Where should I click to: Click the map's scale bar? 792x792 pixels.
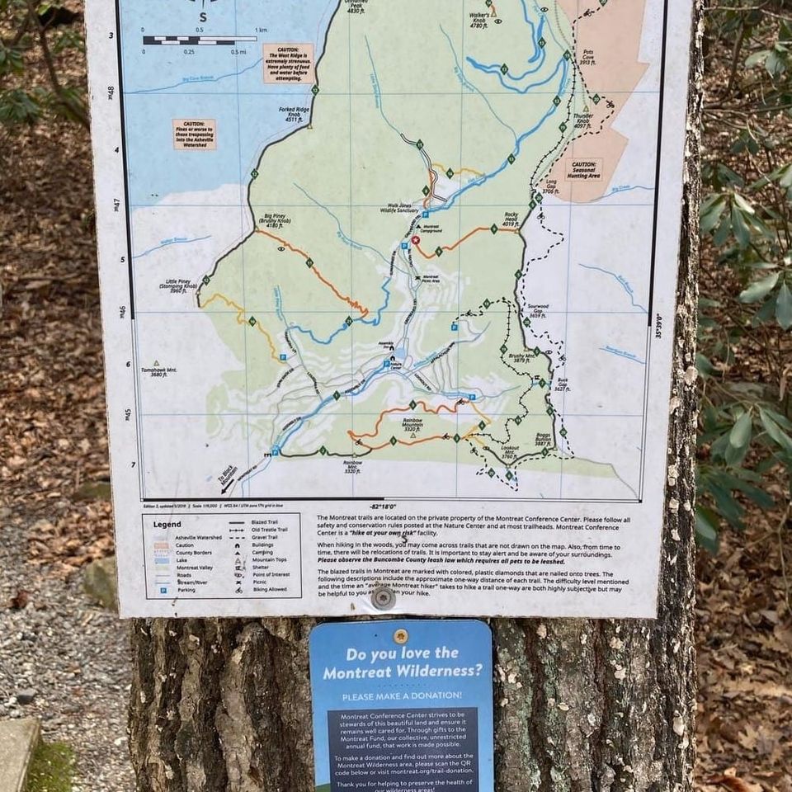tap(199, 40)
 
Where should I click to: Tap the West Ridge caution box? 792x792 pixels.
tap(288, 63)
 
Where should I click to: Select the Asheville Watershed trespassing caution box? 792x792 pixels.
tap(194, 134)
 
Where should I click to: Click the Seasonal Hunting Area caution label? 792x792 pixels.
tap(582, 169)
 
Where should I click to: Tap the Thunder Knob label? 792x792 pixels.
tap(583, 120)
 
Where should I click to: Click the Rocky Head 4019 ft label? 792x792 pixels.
tap(511, 219)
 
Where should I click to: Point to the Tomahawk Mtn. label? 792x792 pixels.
tap(161, 372)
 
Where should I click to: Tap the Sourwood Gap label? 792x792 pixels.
tap(538, 311)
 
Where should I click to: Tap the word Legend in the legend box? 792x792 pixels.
tap(167, 524)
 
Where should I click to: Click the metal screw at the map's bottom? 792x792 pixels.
tap(382, 598)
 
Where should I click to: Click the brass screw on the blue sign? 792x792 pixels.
tap(400, 636)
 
